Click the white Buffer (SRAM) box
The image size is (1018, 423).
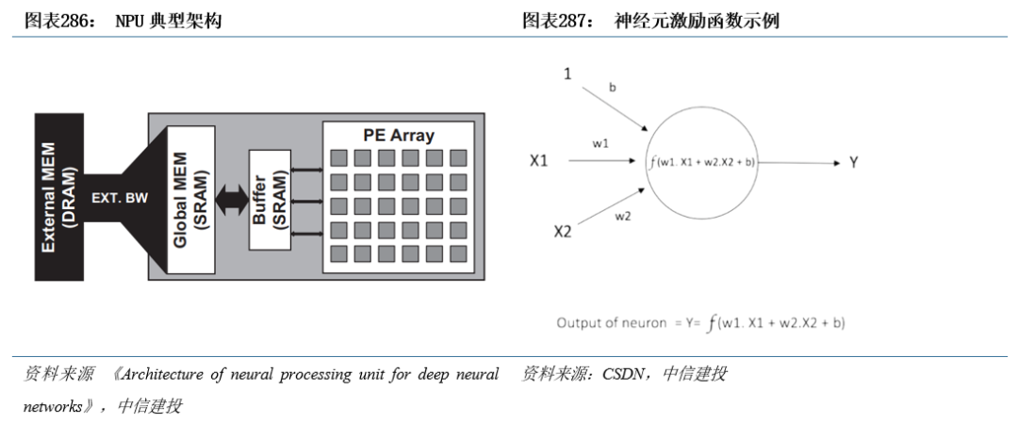tap(269, 199)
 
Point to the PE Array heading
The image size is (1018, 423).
tap(399, 135)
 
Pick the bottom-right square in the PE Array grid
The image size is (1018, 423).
tap(458, 251)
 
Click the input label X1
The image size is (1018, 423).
tap(539, 161)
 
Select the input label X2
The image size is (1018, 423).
tap(563, 231)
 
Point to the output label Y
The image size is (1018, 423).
tap(853, 162)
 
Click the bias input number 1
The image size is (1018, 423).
tap(567, 73)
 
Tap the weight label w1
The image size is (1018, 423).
tap(599, 143)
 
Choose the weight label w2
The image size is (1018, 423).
tap(622, 218)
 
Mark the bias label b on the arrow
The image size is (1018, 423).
tap(613, 88)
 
